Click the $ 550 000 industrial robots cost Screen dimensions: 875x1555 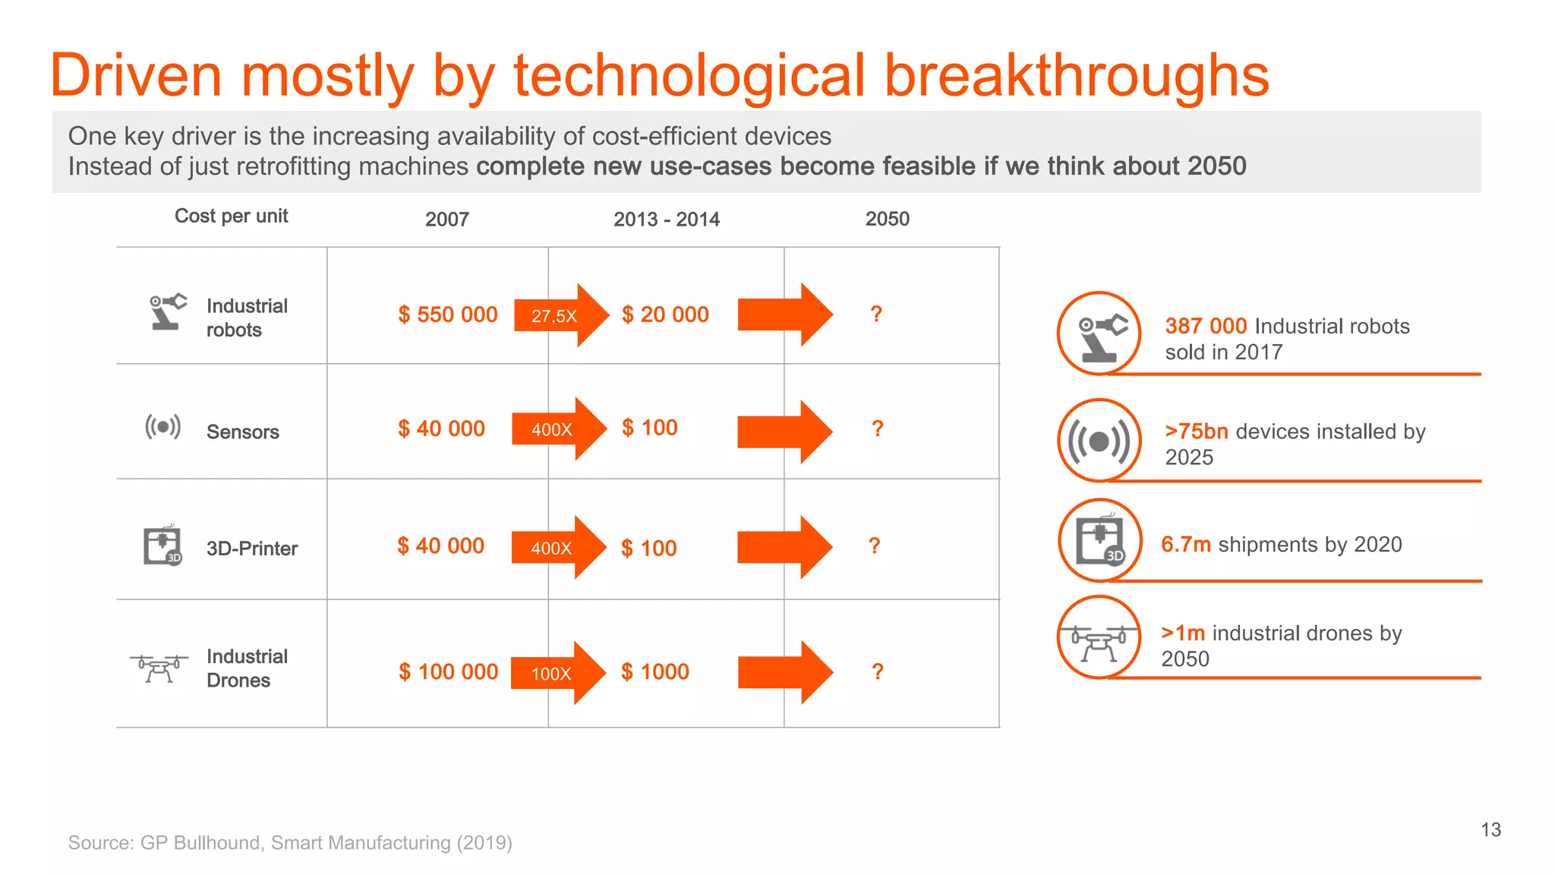448,314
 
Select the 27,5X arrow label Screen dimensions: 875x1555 554,316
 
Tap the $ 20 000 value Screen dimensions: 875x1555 665,314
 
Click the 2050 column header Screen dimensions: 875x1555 887,220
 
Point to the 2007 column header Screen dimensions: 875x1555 446,220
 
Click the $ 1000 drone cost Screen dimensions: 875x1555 655,672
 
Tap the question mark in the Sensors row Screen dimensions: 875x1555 878,429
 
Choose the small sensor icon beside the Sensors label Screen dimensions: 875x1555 162,427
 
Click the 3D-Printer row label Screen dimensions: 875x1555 251,548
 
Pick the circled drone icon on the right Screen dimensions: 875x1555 1099,638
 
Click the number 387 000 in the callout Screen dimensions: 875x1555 1206,327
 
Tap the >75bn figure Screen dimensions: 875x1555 1196,431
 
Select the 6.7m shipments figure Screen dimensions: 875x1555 1185,545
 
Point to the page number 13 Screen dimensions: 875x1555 1490,829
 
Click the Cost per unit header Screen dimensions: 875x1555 231,216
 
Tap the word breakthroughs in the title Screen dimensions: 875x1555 1076,76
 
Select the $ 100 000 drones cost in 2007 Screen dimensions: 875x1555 449,672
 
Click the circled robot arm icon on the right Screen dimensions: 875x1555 1099,333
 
